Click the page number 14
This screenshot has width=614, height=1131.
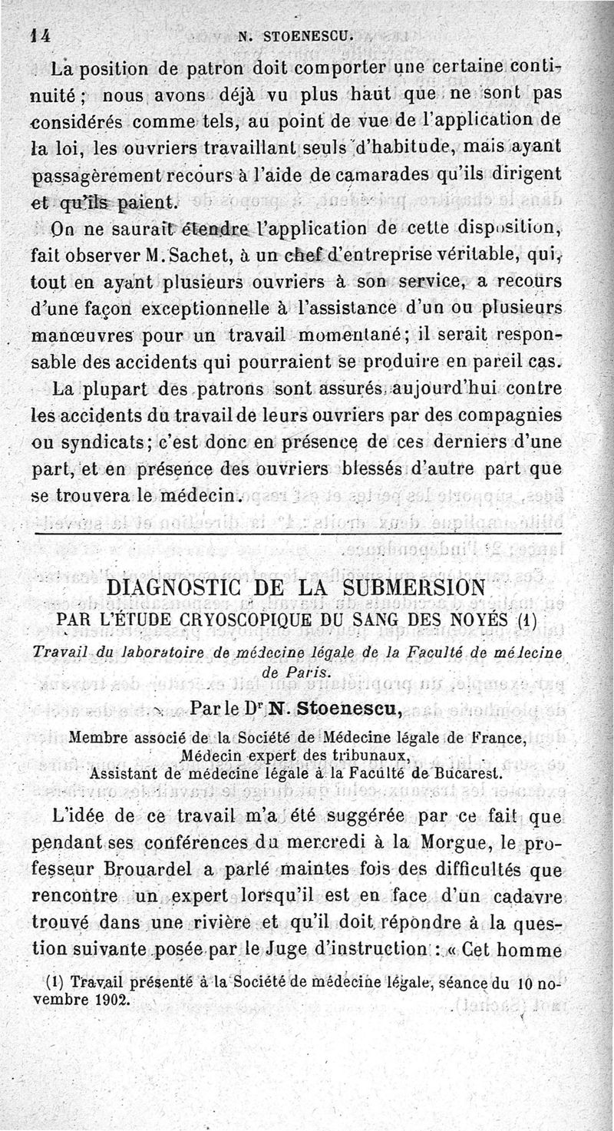[x=31, y=35]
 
